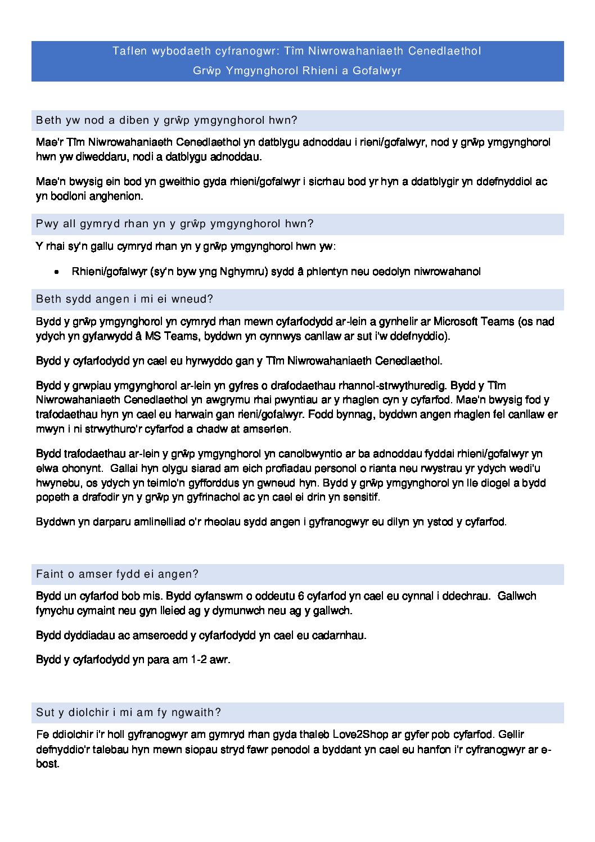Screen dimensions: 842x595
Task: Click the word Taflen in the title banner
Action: [129, 51]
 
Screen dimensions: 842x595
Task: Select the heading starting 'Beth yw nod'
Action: [166, 120]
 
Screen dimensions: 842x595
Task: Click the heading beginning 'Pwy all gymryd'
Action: [174, 224]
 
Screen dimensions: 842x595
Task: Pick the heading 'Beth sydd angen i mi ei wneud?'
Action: [124, 299]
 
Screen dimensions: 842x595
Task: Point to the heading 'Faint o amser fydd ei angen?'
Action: [117, 574]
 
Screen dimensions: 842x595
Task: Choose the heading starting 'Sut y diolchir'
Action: [128, 713]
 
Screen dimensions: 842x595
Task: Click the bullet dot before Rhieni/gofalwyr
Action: [57, 272]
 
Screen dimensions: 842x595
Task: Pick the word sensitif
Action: [361, 497]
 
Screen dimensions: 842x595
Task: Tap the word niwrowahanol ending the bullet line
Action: [447, 272]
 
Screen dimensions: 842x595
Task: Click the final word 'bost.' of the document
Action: [48, 764]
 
